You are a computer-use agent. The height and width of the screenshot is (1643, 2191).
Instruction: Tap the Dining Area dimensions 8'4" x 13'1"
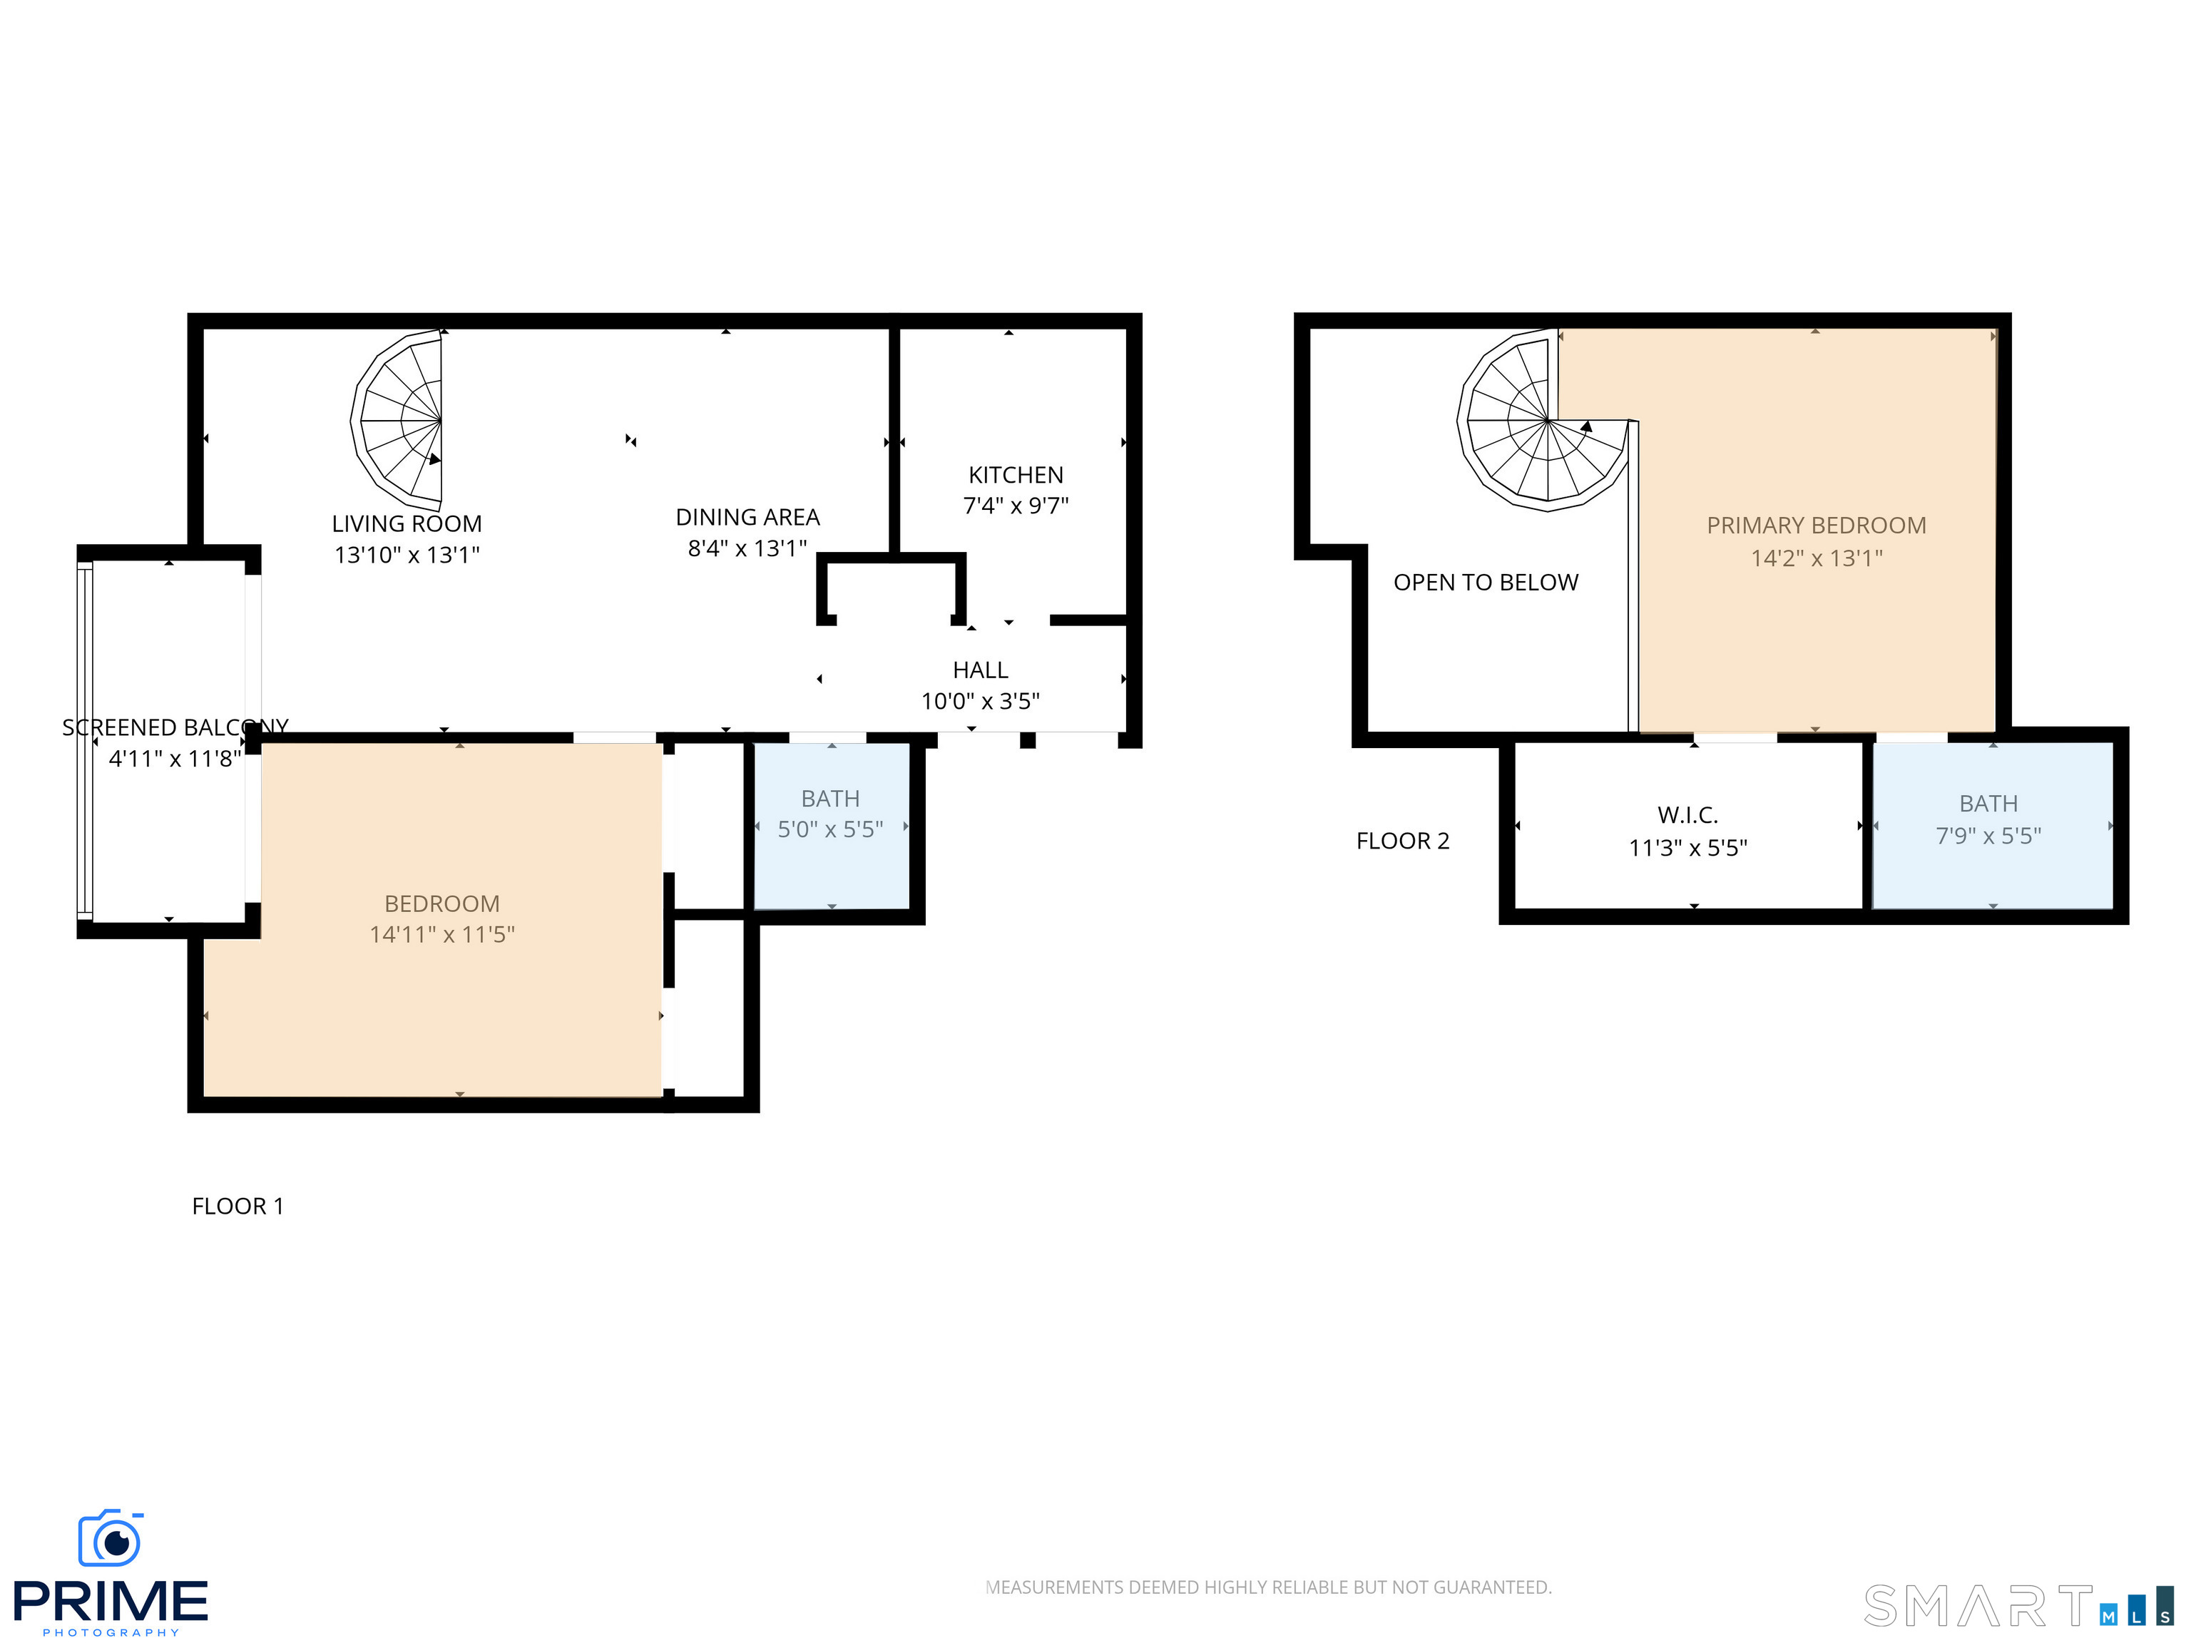(748, 548)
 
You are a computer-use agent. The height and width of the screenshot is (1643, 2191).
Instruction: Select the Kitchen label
(1016, 476)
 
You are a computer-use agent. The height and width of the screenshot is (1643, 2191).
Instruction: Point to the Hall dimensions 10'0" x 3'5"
(980, 701)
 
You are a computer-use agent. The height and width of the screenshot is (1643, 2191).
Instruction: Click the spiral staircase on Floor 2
(1546, 420)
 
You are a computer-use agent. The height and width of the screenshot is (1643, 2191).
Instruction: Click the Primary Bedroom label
(1816, 526)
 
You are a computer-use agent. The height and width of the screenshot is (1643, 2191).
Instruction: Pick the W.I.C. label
(1687, 815)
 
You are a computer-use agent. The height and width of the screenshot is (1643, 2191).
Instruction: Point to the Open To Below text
(1486, 583)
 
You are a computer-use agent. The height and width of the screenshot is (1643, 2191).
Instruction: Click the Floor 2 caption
(1403, 841)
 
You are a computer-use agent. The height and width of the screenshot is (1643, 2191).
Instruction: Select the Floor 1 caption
(238, 1207)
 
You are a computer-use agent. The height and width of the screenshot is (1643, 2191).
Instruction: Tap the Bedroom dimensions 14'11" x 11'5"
(441, 935)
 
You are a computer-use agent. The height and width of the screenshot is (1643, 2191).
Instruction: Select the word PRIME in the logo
(111, 1602)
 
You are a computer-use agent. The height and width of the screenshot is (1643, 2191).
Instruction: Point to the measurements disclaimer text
(1268, 1587)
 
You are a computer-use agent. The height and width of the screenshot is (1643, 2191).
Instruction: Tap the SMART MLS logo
(2018, 1605)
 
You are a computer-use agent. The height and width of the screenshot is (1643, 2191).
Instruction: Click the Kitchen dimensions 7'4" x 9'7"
(1016, 506)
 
